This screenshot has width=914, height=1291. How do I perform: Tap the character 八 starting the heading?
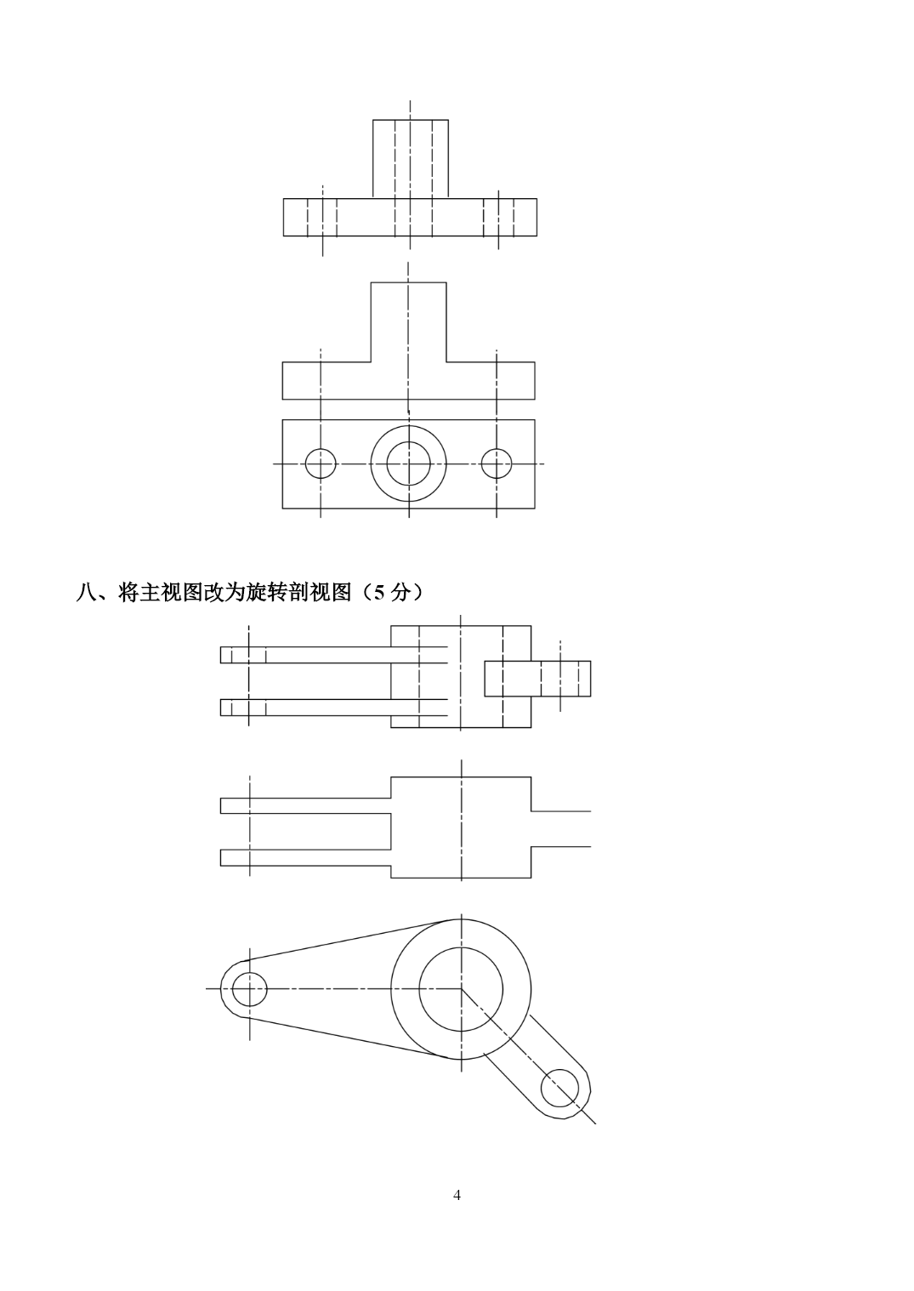[86, 593]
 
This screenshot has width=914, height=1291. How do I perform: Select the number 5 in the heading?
[379, 593]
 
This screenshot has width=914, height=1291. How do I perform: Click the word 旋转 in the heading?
[267, 593]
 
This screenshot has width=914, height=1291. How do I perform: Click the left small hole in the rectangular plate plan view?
[321, 464]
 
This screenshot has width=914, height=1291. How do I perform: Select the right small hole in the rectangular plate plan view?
[497, 464]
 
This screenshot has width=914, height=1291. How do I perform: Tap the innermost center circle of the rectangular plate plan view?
[409, 464]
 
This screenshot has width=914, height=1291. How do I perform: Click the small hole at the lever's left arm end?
[249, 989]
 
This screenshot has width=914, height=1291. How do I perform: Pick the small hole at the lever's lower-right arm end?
[559, 1088]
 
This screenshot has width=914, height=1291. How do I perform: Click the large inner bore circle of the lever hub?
[461, 989]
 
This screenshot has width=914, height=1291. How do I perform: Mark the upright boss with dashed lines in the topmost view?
[411, 159]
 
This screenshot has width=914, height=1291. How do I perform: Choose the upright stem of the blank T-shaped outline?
[409, 322]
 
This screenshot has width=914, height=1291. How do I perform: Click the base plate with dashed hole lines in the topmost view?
[410, 217]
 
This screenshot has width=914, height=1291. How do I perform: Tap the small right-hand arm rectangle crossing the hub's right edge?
[537, 679]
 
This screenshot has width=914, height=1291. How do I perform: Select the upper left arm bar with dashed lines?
[333, 655]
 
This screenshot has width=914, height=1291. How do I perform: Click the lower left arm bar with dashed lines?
[333, 708]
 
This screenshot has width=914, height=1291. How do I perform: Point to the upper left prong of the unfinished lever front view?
[305, 805]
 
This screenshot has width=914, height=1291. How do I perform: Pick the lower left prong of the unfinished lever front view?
[305, 857]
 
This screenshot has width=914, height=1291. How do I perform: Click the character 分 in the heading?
[400, 593]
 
